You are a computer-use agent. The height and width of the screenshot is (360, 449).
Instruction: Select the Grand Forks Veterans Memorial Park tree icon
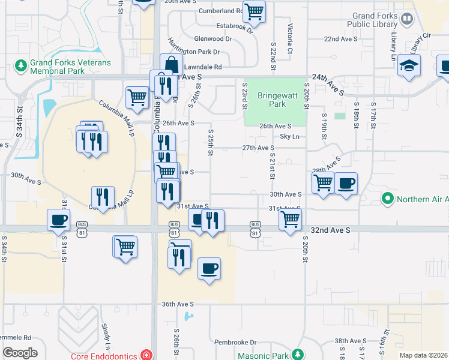click(x=21, y=63)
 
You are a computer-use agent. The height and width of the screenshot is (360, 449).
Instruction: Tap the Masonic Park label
click(x=263, y=355)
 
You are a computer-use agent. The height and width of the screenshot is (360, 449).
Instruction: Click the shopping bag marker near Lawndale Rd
click(x=171, y=64)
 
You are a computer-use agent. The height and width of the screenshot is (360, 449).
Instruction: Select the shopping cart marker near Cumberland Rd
click(x=254, y=11)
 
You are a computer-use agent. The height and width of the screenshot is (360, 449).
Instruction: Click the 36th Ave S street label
click(x=178, y=304)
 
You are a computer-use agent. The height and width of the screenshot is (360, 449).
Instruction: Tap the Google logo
click(x=20, y=353)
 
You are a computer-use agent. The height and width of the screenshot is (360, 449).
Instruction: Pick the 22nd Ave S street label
click(x=340, y=38)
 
